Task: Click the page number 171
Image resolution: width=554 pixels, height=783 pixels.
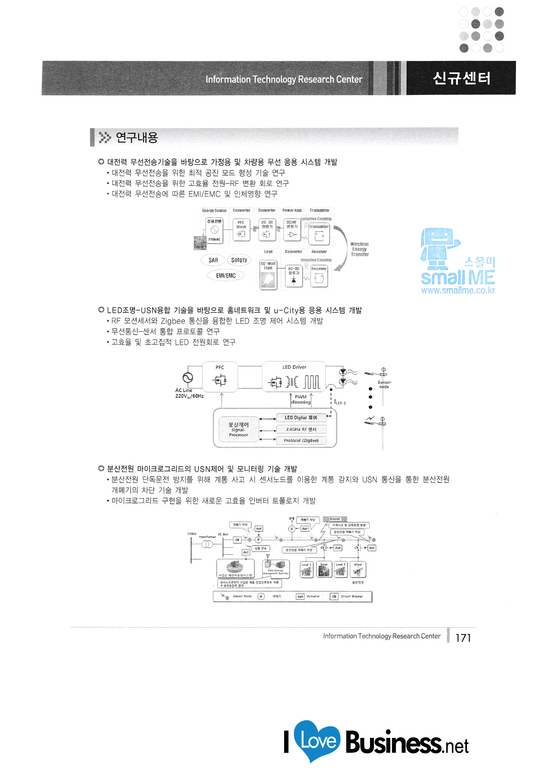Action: [463, 638]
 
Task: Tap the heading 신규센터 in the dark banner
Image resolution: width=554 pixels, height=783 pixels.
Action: [461, 78]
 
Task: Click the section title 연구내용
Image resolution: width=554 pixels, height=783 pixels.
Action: [137, 138]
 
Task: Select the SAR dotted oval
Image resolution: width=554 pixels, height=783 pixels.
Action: [213, 260]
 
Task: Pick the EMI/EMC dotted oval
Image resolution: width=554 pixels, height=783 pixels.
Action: [226, 276]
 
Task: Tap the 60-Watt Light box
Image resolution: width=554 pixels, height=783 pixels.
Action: [268, 274]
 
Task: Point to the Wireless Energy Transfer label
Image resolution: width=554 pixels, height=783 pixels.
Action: [359, 249]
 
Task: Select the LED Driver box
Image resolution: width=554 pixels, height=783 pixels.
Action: [294, 377]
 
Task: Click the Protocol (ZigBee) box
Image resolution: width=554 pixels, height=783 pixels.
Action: [301, 441]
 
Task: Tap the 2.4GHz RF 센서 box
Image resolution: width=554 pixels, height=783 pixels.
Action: [301, 429]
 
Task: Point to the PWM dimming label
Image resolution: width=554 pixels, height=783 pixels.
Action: [301, 399]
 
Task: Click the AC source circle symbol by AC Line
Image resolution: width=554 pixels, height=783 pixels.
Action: [188, 378]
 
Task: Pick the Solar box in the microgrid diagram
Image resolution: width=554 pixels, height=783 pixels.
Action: [324, 570]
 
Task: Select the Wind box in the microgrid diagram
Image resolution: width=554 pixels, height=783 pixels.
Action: [358, 570]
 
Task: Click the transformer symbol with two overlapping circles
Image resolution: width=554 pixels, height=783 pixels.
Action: [207, 544]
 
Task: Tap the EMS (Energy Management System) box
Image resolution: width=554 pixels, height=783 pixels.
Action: [276, 568]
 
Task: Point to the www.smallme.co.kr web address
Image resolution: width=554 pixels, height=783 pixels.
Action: [458, 290]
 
